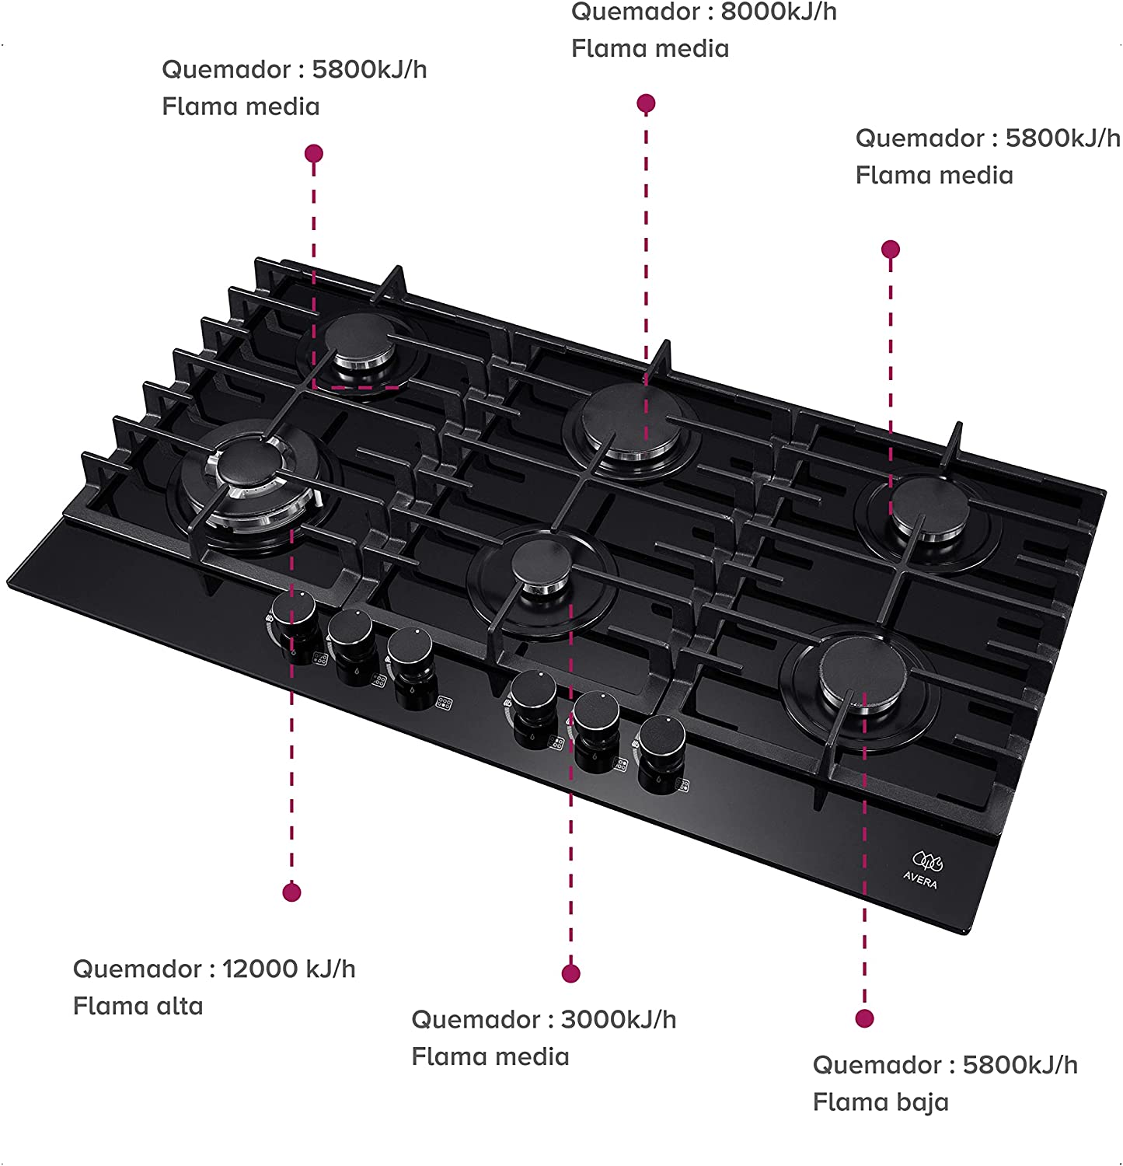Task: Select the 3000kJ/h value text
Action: (618, 1020)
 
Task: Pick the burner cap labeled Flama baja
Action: (858, 669)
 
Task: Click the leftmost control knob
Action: (295, 608)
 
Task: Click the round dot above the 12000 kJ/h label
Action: (291, 892)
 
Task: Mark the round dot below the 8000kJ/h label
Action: (646, 103)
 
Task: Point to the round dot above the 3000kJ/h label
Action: (570, 973)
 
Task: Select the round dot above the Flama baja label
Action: (864, 1018)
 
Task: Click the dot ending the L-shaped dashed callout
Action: (314, 153)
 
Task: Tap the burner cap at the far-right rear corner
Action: (929, 506)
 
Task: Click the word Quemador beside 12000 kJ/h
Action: (137, 969)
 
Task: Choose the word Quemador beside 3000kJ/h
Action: (476, 1020)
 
